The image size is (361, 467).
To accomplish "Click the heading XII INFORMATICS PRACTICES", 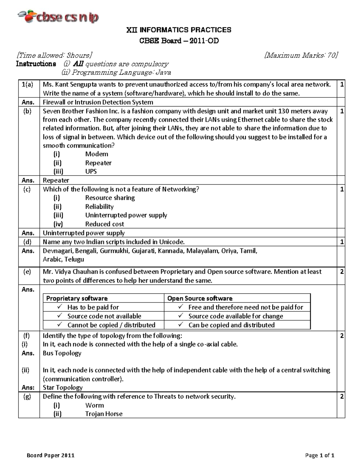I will (x=179, y=30).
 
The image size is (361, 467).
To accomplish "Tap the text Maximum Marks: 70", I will (x=301, y=55).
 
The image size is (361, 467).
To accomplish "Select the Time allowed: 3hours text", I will (x=54, y=55).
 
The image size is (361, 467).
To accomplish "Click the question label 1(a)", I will (x=28, y=84).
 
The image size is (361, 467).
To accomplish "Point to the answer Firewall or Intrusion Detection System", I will (x=98, y=102).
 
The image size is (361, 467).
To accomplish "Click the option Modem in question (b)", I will (x=97, y=154).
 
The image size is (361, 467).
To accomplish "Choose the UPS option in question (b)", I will (x=91, y=171).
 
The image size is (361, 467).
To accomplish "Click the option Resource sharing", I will (x=110, y=198).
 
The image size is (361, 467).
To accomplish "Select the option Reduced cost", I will (x=104, y=224).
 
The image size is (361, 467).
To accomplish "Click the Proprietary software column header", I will (x=77, y=298).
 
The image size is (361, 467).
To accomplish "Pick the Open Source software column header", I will (x=200, y=298).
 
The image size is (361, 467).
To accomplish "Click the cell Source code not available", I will (x=104, y=316).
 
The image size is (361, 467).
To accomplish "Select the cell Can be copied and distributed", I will (x=231, y=325).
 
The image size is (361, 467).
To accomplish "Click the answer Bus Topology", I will (x=62, y=353).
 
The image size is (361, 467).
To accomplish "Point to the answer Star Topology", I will (x=63, y=388).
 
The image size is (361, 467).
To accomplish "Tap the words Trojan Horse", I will (x=104, y=414).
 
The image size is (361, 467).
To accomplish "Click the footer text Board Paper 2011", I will (x=50, y=455).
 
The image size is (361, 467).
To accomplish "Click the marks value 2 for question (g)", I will (x=342, y=397).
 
